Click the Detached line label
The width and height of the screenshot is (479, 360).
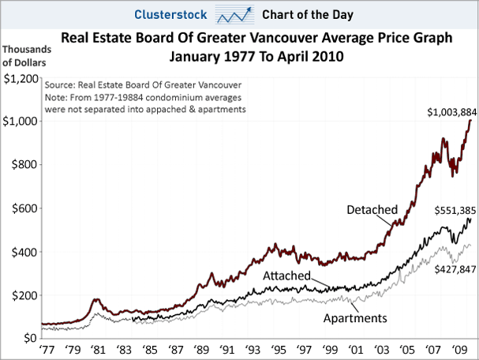pyautogui.click(x=371, y=209)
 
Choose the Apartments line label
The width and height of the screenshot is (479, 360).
pyautogui.click(x=355, y=318)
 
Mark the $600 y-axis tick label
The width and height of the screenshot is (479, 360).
pyautogui.click(x=23, y=208)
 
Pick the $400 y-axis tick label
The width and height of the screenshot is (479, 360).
pyautogui.click(x=23, y=252)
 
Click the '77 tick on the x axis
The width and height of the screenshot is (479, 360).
pyautogui.click(x=47, y=350)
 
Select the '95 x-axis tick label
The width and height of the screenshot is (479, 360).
pyautogui.click(x=278, y=350)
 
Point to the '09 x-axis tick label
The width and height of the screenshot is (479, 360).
pyautogui.click(x=457, y=350)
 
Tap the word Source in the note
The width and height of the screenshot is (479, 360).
pyautogui.click(x=62, y=84)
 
